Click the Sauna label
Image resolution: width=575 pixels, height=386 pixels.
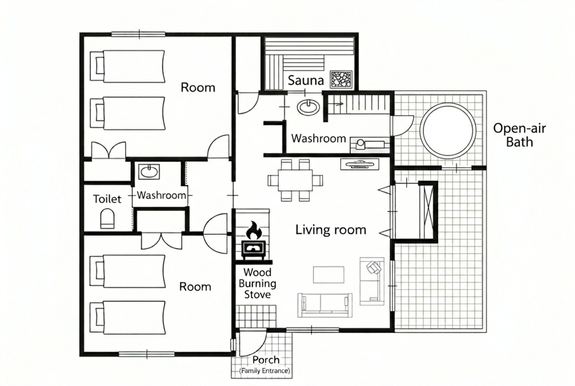point(306,81)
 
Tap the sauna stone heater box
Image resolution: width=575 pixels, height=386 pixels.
point(341,79)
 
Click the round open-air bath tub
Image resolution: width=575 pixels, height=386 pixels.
point(448,131)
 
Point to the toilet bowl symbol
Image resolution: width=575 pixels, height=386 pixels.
point(107,219)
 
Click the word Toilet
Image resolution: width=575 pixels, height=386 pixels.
point(107,199)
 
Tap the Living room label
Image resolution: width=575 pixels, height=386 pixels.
point(331,230)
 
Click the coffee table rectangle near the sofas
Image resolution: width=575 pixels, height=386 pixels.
point(329,275)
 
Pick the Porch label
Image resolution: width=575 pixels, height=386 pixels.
point(266,360)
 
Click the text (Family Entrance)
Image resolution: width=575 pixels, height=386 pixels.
point(264,371)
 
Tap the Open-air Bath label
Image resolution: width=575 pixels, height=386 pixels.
point(519,135)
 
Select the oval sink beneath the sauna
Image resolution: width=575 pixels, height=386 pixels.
point(308,107)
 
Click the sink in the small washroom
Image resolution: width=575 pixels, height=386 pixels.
point(149,172)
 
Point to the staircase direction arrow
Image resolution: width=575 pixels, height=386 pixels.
point(336,104)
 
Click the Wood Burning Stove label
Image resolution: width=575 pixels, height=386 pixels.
point(257,283)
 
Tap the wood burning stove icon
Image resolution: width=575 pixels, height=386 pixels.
point(253,250)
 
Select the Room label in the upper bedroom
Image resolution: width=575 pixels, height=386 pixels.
point(198,88)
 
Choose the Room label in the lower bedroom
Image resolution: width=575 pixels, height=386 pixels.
point(195,287)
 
